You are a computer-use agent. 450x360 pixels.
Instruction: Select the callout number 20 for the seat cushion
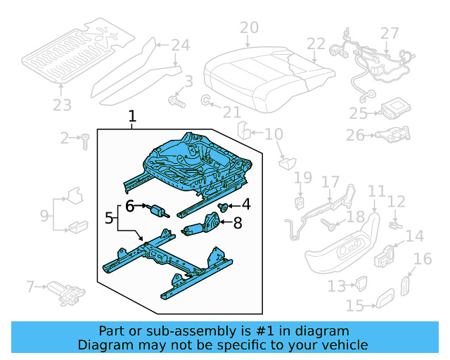tap(249, 28)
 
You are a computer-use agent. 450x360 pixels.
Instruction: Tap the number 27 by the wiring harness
tap(390, 33)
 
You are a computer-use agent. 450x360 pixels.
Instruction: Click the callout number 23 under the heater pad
tap(62, 105)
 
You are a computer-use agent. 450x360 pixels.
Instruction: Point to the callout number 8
tap(237, 224)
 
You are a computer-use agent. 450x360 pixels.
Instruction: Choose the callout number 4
tap(245, 205)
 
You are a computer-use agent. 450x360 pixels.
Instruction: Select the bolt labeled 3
tap(175, 102)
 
